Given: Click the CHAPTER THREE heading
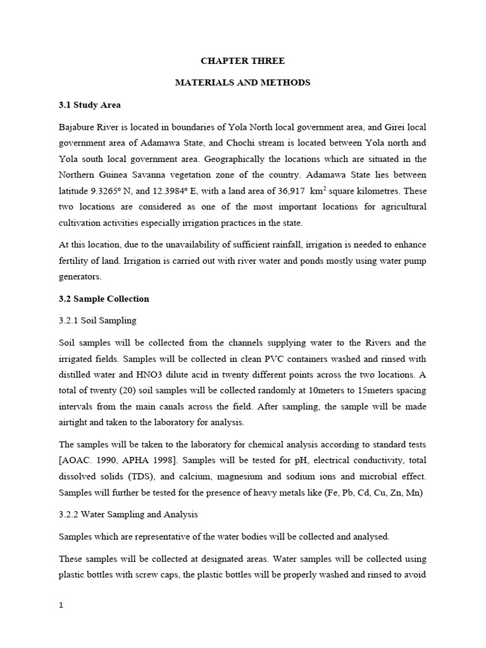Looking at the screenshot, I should pyautogui.click(x=242, y=61).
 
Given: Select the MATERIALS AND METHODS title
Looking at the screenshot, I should pyautogui.click(x=242, y=83).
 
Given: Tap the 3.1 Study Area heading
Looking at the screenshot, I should pyautogui.click(x=89, y=104).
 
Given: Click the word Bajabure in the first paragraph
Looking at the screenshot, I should pyautogui.click(x=77, y=127).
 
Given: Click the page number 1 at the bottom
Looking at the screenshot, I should pyautogui.click(x=61, y=604).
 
